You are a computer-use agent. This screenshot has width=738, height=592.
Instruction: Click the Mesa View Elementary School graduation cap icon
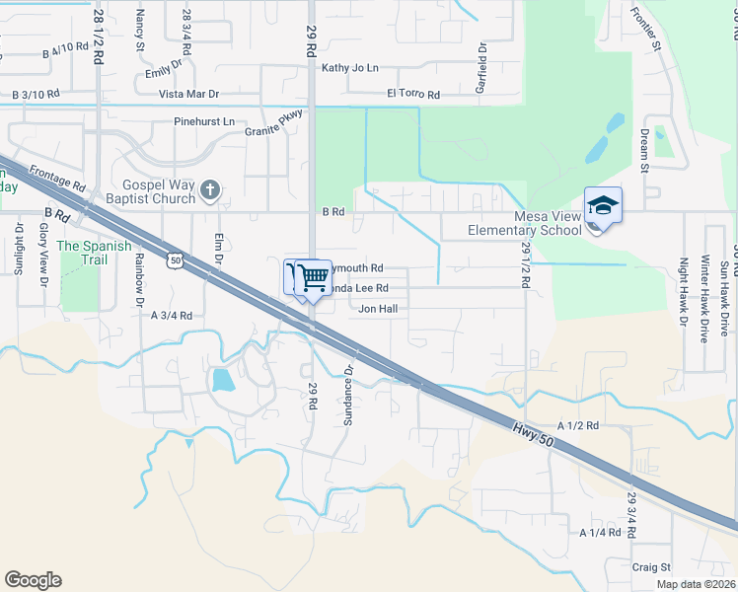[603, 205]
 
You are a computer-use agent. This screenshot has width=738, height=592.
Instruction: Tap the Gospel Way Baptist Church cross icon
[209, 189]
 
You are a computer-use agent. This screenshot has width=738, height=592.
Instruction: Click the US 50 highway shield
[175, 260]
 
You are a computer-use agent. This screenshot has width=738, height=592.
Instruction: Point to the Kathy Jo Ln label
[350, 68]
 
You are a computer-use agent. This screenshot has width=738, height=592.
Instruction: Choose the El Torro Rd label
[413, 95]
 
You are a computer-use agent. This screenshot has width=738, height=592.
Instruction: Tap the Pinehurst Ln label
[204, 121]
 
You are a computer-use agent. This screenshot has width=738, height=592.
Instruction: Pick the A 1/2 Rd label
[578, 425]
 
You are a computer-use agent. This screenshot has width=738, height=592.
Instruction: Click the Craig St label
[651, 567]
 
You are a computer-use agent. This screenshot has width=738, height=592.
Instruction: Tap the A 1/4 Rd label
[600, 532]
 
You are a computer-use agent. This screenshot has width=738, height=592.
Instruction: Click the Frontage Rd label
[57, 178]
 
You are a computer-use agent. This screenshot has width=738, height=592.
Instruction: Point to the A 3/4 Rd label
[171, 315]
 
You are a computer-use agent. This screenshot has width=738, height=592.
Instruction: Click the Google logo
[33, 580]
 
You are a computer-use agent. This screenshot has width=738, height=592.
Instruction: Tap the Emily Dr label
[164, 70]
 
